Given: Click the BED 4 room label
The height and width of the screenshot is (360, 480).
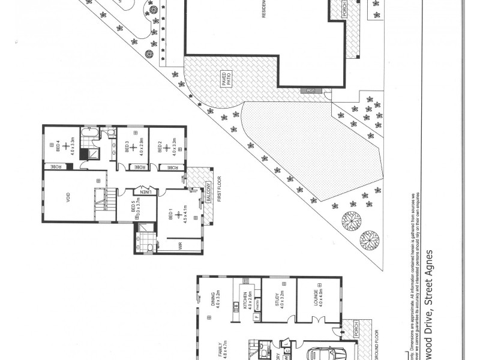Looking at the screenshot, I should coord(59,142).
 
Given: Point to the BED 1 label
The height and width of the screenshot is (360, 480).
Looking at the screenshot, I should coord(171,214).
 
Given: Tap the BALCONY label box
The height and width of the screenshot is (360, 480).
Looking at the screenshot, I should coord(208,191).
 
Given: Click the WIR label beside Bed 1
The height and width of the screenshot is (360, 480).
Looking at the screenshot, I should coord(179,245).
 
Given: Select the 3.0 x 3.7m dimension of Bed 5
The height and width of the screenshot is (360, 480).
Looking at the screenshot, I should coord(137,209).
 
